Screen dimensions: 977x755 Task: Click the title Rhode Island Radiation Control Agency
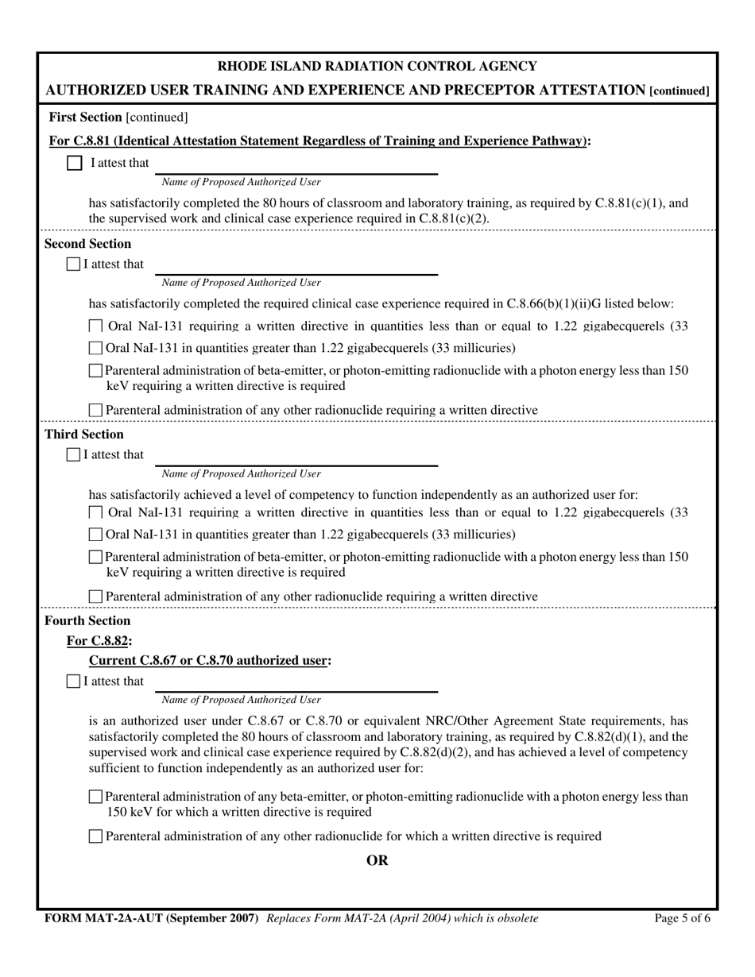pos(377,66)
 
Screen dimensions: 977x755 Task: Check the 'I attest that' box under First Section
pos(74,163)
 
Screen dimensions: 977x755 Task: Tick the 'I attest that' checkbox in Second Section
pos(74,264)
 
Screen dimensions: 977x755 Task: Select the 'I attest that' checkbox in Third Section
pos(74,454)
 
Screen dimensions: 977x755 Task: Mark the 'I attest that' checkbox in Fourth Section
pos(74,681)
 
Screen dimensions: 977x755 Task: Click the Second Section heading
pos(87,244)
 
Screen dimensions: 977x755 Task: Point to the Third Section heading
pos(84,434)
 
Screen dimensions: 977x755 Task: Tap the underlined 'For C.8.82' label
pos(99,640)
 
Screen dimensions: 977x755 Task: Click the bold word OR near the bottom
pos(377,860)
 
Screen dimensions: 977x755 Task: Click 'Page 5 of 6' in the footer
pos(682,918)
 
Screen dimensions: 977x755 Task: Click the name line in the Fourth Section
pos(296,685)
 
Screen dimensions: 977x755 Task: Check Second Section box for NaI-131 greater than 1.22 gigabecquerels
pos(95,348)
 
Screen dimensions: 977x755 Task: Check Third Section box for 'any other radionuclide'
pos(95,597)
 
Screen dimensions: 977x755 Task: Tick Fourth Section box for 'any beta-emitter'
pos(95,797)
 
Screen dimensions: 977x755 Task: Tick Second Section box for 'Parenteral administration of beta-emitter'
pos(95,371)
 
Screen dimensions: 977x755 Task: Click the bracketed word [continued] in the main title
pos(679,91)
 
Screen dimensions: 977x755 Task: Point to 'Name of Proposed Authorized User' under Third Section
pos(241,474)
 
